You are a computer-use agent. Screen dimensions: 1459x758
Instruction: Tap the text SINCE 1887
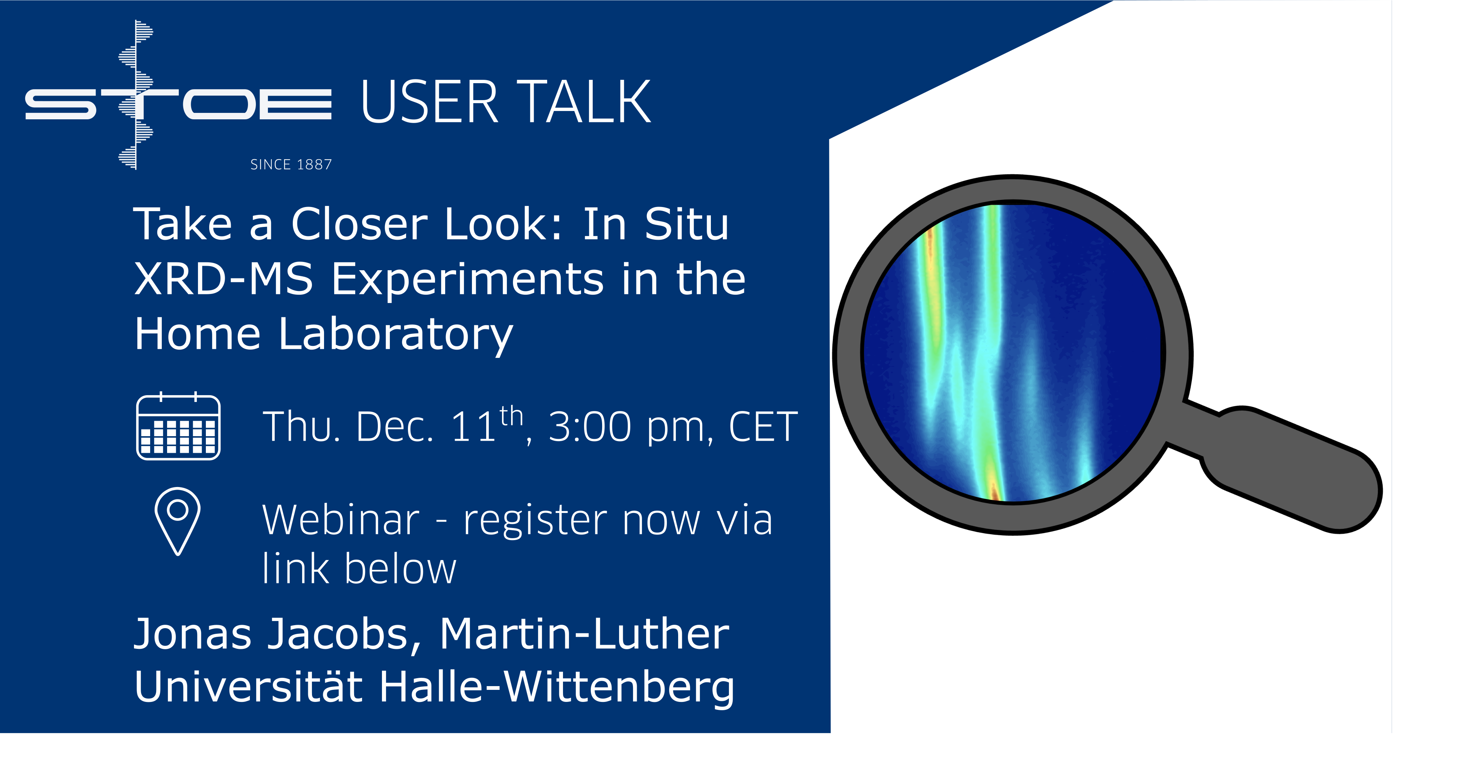[291, 165]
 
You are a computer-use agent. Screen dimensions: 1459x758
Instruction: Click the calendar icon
[178, 426]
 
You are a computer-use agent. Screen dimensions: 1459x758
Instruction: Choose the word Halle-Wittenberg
[557, 687]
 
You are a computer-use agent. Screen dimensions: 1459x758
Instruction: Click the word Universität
[248, 686]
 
